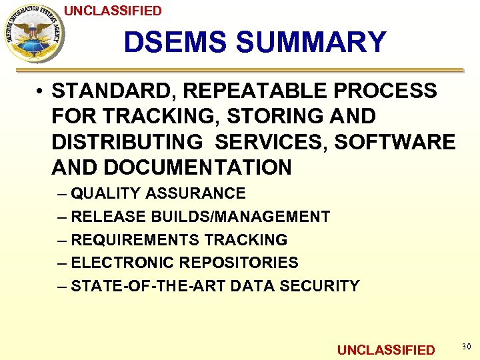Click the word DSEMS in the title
click(x=175, y=43)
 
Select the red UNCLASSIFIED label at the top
click(x=113, y=11)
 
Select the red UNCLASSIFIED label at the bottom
click(x=386, y=350)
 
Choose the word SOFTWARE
click(x=395, y=141)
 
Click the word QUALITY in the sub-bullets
click(x=106, y=193)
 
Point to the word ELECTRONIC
click(x=122, y=263)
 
